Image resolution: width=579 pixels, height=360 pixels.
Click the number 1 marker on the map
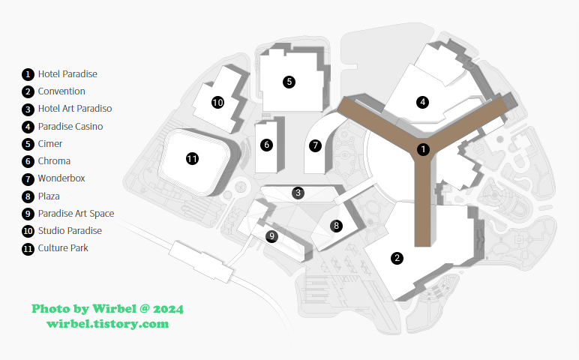click(423, 149)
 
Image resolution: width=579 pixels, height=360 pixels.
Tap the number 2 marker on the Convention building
click(397, 258)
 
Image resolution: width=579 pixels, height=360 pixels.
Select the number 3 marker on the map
click(298, 193)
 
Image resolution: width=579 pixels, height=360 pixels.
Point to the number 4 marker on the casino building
click(423, 102)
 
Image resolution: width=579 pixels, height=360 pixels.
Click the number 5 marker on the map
click(289, 82)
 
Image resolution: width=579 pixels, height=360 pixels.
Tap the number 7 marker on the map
click(316, 145)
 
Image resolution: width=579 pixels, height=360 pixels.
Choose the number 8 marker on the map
click(337, 225)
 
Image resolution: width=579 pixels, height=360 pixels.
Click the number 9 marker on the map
click(272, 236)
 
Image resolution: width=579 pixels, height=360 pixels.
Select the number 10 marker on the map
click(217, 103)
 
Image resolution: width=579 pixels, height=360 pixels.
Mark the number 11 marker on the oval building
click(192, 158)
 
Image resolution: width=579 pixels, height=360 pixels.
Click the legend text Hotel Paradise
click(67, 74)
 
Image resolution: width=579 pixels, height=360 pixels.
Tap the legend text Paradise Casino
click(70, 127)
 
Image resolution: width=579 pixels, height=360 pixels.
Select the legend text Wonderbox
click(61, 178)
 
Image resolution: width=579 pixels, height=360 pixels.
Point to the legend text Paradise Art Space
click(76, 213)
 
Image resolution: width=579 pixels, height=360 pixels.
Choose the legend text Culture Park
click(63, 247)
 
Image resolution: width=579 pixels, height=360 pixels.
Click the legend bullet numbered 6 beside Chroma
click(28, 161)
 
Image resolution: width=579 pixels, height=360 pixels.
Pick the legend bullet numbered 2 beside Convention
click(28, 91)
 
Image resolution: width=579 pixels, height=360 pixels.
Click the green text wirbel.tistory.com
click(107, 324)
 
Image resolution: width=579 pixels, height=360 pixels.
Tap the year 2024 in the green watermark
click(168, 309)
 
